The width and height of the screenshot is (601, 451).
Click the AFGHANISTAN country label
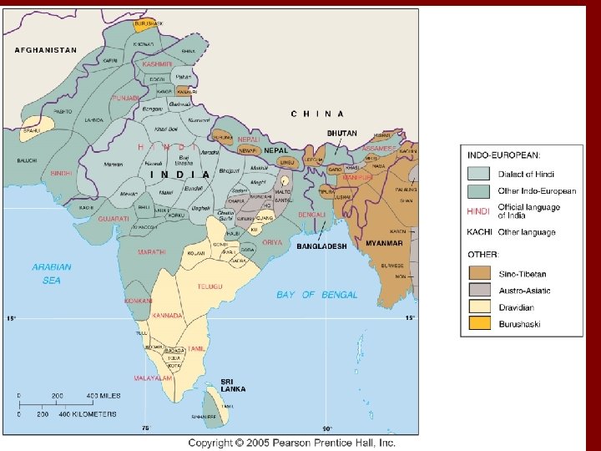[45, 50]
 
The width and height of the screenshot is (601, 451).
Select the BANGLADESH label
[321, 246]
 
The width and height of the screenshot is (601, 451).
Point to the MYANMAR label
[384, 243]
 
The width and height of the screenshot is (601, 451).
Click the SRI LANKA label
[233, 385]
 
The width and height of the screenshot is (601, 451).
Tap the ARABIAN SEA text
[51, 273]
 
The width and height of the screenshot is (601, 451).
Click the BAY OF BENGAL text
[317, 294]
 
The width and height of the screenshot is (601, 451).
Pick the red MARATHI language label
[153, 251]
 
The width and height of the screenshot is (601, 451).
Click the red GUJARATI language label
[114, 218]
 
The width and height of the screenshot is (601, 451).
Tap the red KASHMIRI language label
[156, 63]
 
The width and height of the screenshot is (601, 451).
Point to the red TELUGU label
[210, 286]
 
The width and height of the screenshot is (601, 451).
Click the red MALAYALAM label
[156, 378]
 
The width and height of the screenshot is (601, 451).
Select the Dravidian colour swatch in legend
[479, 307]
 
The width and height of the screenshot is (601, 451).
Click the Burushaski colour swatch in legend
[479, 323]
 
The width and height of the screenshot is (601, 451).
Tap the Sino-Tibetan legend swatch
[479, 273]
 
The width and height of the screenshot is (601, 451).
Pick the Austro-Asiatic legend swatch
[479, 290]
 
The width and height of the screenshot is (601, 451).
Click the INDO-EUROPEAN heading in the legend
[503, 155]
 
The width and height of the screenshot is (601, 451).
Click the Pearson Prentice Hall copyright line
[291, 443]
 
